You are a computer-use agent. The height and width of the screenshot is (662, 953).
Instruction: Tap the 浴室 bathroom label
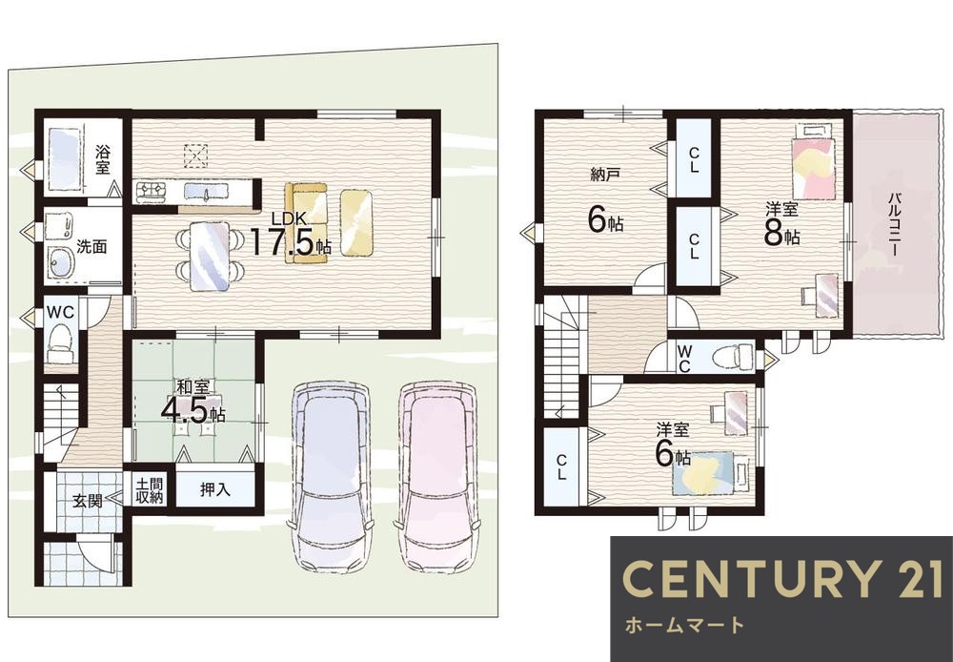pos(102,159)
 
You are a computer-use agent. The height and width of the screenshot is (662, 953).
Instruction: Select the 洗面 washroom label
pos(91,246)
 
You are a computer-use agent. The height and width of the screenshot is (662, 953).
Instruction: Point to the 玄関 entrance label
pos(88,502)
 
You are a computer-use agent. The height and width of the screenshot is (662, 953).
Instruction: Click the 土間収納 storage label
pos(150,491)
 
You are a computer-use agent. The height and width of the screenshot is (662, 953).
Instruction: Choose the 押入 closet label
pos(215,489)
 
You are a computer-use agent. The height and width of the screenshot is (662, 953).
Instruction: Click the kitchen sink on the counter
pos(206,193)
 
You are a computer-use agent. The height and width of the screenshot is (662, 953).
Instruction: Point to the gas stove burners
pos(152,192)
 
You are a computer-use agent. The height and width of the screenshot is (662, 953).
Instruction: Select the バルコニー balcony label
pos(894,224)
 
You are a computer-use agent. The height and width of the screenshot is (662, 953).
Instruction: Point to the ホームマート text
pos(684,625)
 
